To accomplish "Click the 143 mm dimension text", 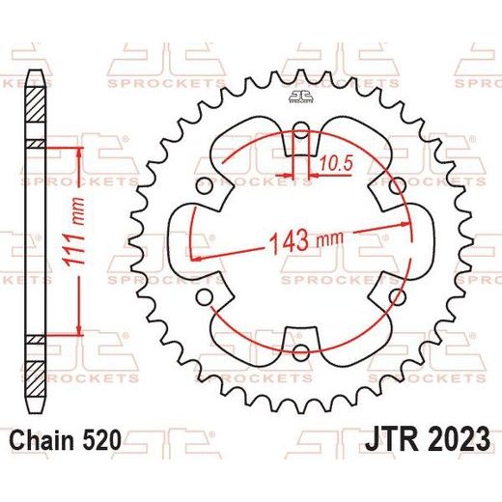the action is [306, 241].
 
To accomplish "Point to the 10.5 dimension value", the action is [336, 163].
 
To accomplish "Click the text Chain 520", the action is [66, 440].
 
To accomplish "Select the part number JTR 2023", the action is [428, 439].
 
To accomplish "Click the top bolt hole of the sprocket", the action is [301, 130].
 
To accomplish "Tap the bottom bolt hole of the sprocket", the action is [301, 351].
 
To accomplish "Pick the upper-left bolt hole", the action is [205, 186].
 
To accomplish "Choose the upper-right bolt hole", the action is [397, 185].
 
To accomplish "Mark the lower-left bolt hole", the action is [205, 296].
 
